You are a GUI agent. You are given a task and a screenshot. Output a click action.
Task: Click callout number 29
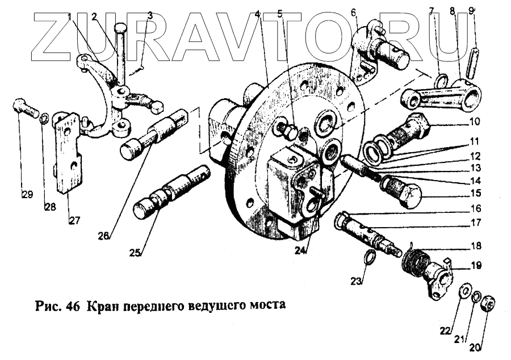27,195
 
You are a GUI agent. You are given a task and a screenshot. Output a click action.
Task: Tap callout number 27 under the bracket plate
74,220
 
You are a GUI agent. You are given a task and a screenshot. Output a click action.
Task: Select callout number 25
135,253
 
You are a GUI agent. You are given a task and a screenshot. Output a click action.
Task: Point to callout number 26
104,236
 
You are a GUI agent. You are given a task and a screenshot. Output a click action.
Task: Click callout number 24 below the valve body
301,250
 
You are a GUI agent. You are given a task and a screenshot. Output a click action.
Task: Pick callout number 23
357,281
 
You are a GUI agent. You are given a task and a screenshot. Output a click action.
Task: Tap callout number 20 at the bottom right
475,348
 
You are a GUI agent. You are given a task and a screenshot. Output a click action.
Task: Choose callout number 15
476,193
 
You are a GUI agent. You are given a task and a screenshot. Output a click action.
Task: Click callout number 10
475,122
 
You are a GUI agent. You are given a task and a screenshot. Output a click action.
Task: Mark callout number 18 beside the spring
476,245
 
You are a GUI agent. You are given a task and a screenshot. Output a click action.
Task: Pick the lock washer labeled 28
44,117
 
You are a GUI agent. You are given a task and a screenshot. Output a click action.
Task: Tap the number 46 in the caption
73,305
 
